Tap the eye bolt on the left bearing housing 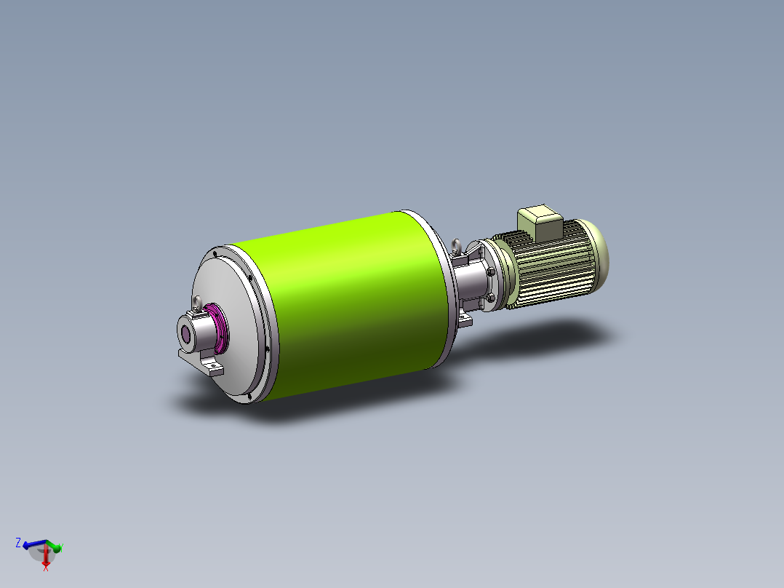198,302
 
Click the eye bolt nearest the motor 457,245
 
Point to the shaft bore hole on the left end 186,335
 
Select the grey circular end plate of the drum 233,291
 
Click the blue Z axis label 17,542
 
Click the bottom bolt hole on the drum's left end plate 249,397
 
